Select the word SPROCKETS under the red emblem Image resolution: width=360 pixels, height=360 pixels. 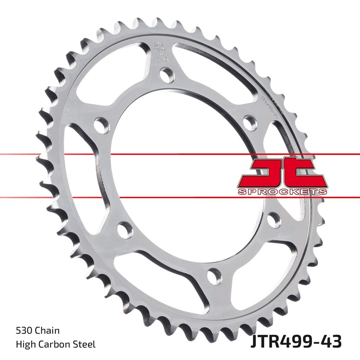[283, 192]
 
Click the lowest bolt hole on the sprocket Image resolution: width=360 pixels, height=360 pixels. [215, 276]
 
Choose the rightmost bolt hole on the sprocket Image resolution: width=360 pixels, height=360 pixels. [274, 220]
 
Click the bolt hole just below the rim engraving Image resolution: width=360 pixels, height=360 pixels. [250, 123]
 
